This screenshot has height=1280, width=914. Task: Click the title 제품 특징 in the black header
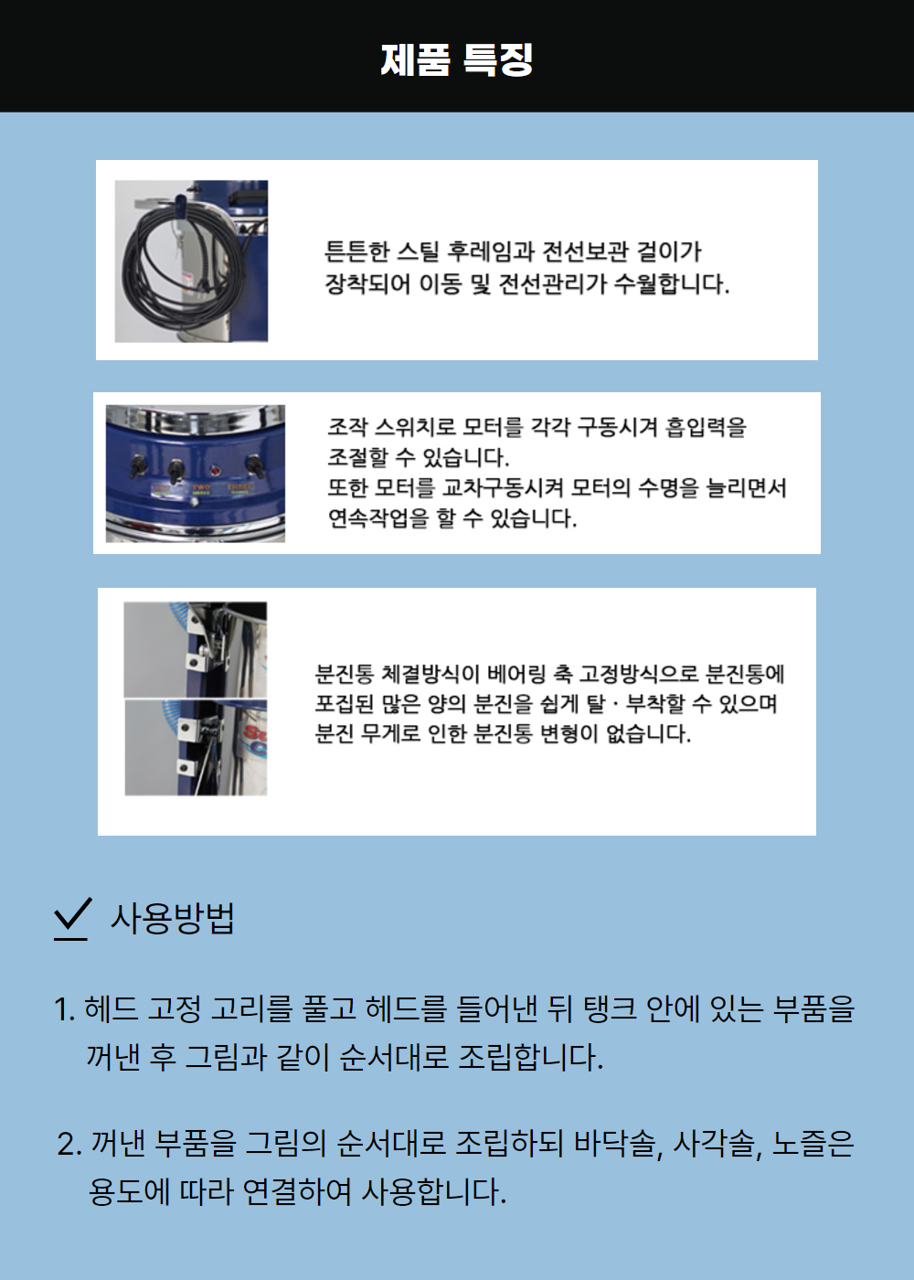coord(456,59)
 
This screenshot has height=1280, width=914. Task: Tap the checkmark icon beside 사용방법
coord(72,917)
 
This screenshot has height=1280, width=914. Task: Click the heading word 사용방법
coord(173,918)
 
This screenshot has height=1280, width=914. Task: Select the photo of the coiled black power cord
coord(191,261)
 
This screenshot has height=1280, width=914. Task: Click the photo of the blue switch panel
coord(195,474)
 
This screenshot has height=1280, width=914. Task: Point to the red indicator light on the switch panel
coord(216,471)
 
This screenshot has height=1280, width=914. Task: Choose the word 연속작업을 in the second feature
coord(378,518)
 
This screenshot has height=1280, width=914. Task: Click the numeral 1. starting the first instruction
coord(64,1009)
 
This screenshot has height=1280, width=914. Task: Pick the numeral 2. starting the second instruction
coord(69,1144)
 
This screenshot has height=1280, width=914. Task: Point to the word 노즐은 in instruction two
coord(813,1143)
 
